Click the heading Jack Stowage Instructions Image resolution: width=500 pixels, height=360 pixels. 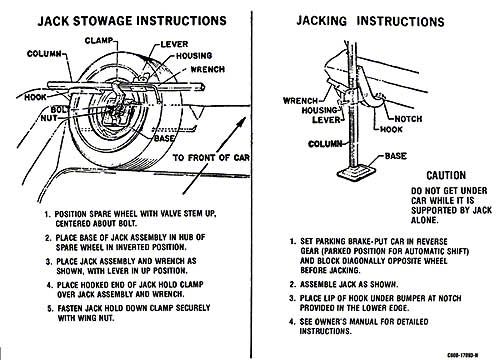point(132,21)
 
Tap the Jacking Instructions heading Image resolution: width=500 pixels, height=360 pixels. point(370,21)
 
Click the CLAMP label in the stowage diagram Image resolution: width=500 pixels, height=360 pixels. point(99,41)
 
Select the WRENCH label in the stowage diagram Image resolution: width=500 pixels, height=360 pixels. point(207,69)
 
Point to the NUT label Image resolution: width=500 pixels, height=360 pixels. point(49,118)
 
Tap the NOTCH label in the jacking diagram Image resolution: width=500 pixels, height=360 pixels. point(408,119)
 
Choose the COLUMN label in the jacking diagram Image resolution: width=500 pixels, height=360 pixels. point(325,144)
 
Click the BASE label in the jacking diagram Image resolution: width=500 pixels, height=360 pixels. point(396,156)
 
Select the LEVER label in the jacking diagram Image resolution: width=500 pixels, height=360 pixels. point(326,120)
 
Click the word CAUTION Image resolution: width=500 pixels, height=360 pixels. point(446,175)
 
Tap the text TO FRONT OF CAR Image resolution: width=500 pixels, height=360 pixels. point(211,157)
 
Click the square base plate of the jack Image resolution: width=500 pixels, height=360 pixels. point(356,172)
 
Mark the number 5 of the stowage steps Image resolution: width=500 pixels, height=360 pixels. point(50,308)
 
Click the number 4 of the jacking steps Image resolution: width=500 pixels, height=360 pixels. point(292,322)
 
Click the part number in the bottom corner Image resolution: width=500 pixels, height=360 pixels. point(463,355)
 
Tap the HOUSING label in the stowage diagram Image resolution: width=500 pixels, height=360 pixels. point(194,56)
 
